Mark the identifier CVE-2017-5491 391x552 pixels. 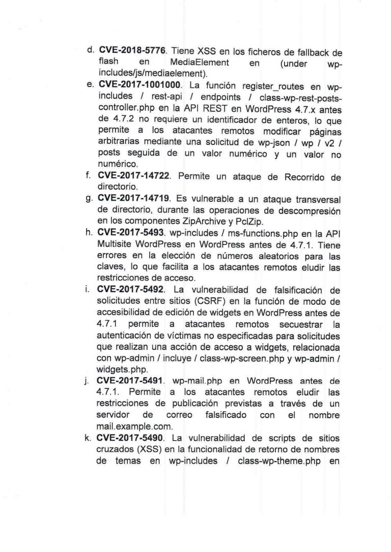(131, 381)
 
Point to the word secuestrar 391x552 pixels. (293, 323)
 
